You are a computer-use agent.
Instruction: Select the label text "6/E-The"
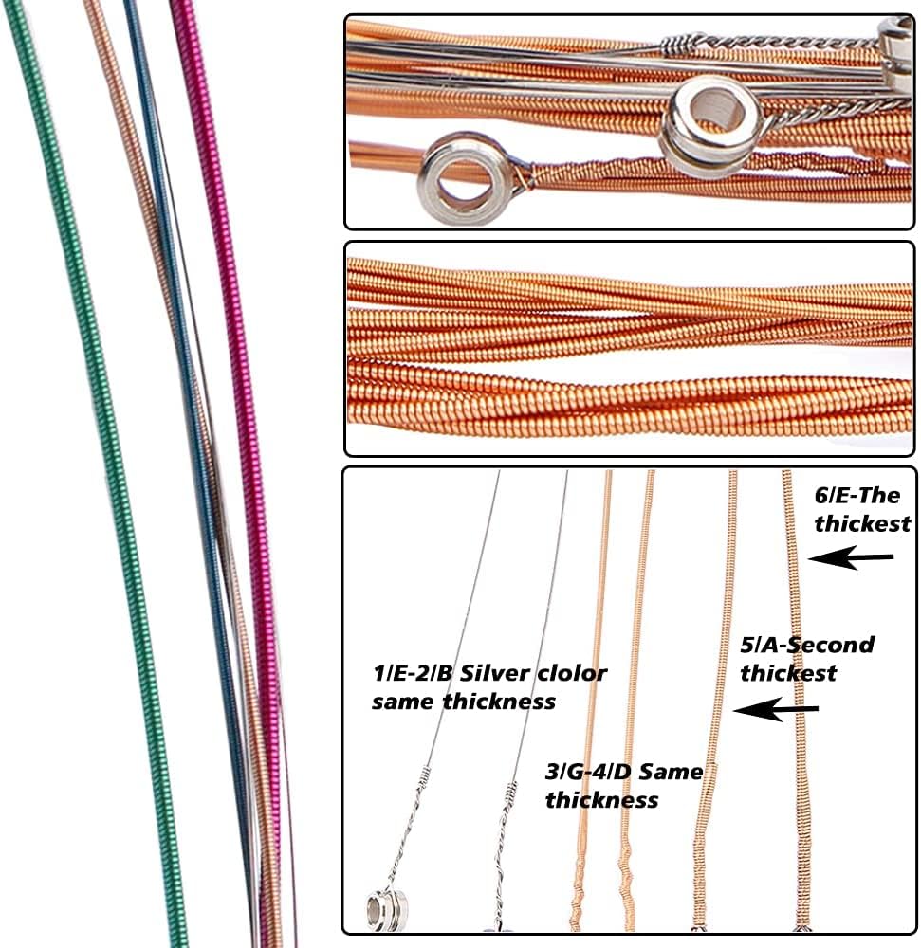click(857, 495)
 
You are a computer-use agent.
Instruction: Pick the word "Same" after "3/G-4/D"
click(671, 773)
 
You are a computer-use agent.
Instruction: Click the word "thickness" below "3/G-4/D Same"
click(601, 800)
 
